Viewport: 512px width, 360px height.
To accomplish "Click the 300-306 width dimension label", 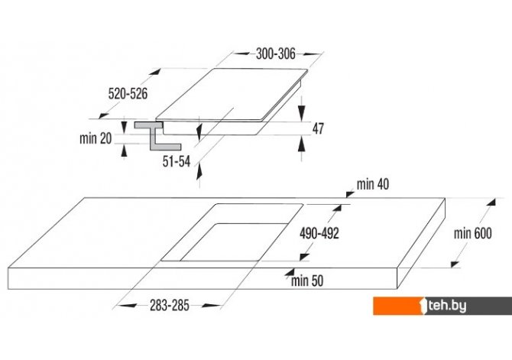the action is click(276, 54).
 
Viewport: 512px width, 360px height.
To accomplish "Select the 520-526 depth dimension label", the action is click(128, 94).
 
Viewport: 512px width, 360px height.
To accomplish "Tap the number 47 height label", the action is click(318, 128).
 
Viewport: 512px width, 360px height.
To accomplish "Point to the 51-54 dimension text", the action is click(177, 161).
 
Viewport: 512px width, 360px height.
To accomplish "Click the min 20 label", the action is click(96, 138).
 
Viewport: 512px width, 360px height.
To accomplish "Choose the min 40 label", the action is click(373, 184).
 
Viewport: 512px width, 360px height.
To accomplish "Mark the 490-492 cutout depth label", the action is click(319, 233).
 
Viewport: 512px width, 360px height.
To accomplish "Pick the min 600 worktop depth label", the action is click(472, 234).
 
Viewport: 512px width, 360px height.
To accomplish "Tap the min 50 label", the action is click(307, 281).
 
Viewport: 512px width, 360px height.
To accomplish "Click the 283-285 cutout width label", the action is click(170, 306).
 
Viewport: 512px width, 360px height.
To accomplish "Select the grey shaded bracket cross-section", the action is click(157, 136).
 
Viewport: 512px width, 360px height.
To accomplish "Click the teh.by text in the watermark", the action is click(447, 306).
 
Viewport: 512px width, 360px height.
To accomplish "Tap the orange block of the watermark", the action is click(399, 306).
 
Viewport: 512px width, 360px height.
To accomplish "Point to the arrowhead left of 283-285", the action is click(127, 306).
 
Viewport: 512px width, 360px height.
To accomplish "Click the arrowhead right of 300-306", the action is click(313, 54).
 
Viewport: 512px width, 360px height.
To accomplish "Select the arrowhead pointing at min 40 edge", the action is click(350, 194).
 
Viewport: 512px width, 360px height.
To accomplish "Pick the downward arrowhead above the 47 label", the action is click(301, 113).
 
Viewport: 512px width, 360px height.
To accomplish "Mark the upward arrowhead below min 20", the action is click(124, 151).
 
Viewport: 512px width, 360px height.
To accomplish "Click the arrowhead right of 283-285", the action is click(211, 306).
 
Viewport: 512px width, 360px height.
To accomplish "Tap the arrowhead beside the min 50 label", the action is click(290, 271).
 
